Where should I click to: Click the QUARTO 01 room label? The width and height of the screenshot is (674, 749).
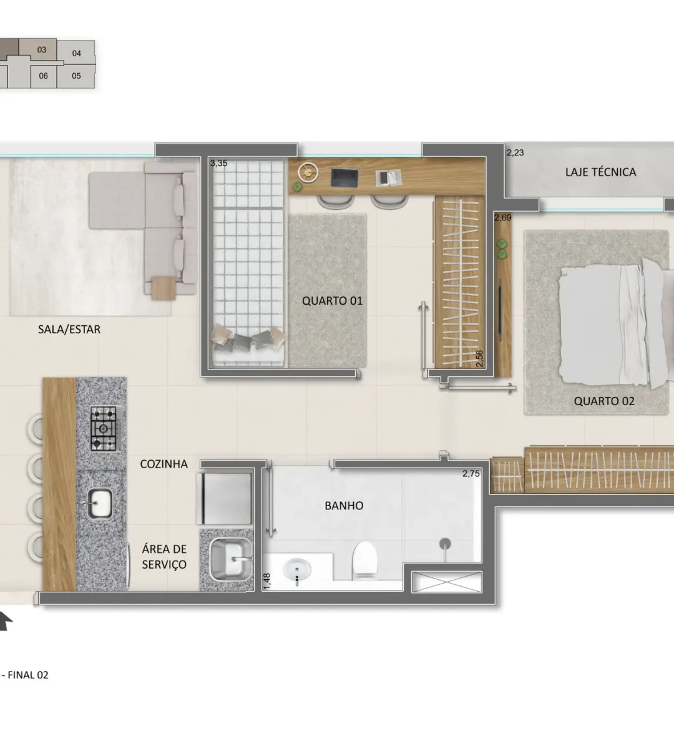(x=332, y=301)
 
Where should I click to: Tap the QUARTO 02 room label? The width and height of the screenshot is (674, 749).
(x=604, y=401)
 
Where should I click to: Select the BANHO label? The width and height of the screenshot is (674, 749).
(x=344, y=506)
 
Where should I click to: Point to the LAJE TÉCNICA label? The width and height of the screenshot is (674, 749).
(x=600, y=172)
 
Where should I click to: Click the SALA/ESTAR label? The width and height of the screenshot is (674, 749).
(x=69, y=330)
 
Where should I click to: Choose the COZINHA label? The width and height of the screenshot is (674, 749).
(x=164, y=464)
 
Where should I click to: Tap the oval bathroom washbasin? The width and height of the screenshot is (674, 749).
(x=297, y=571)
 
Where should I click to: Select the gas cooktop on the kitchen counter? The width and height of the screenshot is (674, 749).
(x=104, y=428)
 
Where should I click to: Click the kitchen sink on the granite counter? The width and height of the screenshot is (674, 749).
(x=99, y=504)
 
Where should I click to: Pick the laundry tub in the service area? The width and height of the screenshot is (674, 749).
(x=231, y=560)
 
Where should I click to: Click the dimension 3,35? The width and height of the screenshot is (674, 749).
(x=218, y=163)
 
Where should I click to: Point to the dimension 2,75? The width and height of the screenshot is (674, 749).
(x=471, y=474)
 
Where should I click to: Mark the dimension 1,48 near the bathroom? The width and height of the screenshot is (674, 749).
(x=267, y=581)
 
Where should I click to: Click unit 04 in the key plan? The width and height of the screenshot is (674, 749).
(x=77, y=54)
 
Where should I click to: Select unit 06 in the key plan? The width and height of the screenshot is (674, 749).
(x=43, y=76)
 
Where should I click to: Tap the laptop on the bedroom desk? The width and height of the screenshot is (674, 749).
(x=344, y=177)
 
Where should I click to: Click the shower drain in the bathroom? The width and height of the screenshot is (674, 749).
(x=445, y=544)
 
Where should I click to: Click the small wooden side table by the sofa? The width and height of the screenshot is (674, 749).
(x=164, y=288)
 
